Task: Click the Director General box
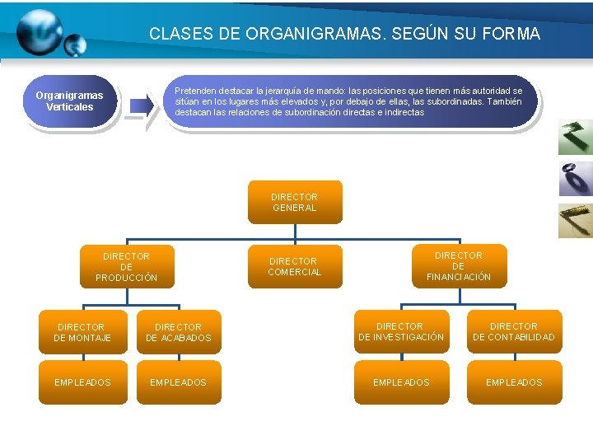(295, 202)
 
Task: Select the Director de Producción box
(126, 267)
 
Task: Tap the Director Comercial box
(295, 266)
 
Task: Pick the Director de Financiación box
(459, 266)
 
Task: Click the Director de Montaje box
(82, 332)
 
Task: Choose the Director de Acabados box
(178, 332)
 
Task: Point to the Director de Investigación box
(400, 331)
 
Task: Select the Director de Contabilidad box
(514, 331)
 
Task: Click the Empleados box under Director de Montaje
(82, 382)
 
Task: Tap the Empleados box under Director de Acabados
(178, 382)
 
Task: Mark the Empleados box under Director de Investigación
(401, 382)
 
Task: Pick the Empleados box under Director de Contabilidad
(514, 382)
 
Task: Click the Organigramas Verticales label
(70, 101)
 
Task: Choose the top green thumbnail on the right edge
(575, 137)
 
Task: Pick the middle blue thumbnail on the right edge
(575, 178)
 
